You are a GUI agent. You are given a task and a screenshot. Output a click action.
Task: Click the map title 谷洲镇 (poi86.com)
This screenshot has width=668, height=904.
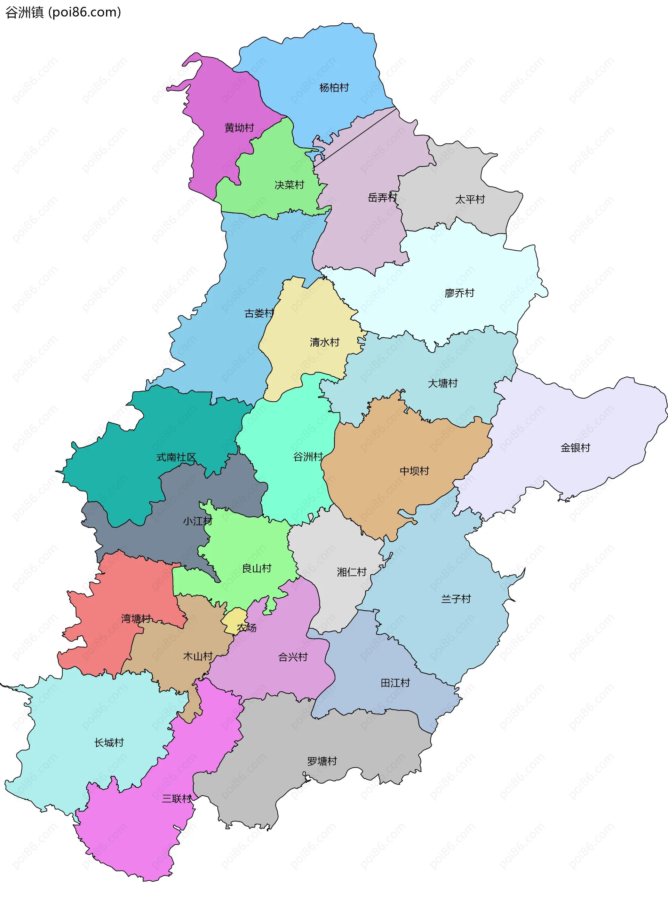[63, 13]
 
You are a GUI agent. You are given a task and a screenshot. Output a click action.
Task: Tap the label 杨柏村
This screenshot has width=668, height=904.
[334, 88]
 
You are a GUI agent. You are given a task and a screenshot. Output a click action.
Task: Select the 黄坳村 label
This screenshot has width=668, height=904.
[239, 128]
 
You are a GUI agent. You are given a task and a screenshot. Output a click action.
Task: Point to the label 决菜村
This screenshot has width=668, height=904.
[289, 185]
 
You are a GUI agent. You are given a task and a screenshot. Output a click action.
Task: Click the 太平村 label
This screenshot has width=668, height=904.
[470, 199]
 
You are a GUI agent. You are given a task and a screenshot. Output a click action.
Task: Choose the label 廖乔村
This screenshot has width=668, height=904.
[459, 293]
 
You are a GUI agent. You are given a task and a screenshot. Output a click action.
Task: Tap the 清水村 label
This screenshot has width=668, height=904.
[325, 342]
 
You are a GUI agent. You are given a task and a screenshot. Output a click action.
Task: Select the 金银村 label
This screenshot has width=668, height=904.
[575, 448]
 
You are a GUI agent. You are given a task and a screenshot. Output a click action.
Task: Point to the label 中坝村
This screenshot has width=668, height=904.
[414, 471]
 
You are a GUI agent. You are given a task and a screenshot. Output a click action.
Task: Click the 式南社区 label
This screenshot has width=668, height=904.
[176, 457]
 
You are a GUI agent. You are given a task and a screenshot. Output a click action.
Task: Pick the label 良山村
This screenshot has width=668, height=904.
[257, 568]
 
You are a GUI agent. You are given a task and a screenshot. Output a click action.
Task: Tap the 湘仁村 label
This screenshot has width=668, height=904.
[352, 572]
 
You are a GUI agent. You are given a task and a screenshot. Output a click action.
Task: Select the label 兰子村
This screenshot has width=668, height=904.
[456, 599]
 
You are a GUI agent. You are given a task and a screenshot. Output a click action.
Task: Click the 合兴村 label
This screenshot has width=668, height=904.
[293, 657]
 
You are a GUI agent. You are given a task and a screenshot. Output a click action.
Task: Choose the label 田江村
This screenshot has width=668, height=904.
[396, 683]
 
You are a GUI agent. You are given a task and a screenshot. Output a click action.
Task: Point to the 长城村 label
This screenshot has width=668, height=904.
[109, 742]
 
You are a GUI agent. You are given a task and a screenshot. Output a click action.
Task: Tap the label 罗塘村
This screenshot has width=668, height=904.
[322, 761]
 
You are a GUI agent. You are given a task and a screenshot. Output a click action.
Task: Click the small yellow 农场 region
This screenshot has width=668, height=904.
[234, 619]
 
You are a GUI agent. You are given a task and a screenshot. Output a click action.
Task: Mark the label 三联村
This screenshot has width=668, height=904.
[177, 799]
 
